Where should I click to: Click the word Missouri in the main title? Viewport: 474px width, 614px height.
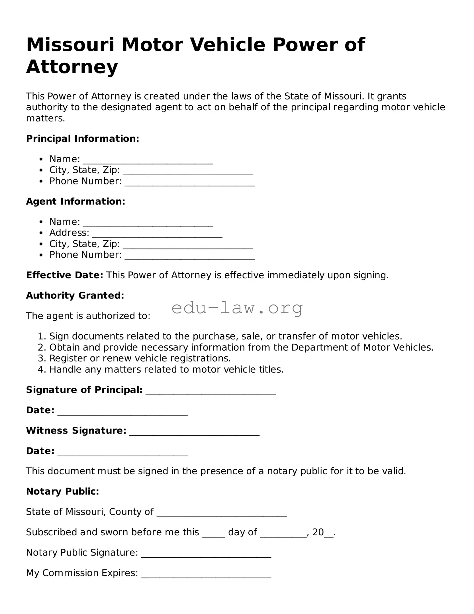[x=70, y=45]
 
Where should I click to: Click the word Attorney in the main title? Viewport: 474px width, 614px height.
[x=72, y=67]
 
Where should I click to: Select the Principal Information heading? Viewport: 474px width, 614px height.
[x=83, y=139]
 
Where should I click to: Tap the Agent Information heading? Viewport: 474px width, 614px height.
[x=75, y=202]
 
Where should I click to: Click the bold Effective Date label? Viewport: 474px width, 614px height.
[x=64, y=275]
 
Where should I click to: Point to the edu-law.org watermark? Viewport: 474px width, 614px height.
[x=237, y=308]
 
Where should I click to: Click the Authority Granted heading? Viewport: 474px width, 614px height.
[x=75, y=296]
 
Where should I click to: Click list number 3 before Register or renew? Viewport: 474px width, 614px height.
[x=42, y=358]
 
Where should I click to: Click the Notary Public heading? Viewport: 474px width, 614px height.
[x=62, y=491]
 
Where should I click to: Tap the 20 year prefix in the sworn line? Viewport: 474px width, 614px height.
[x=318, y=532]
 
